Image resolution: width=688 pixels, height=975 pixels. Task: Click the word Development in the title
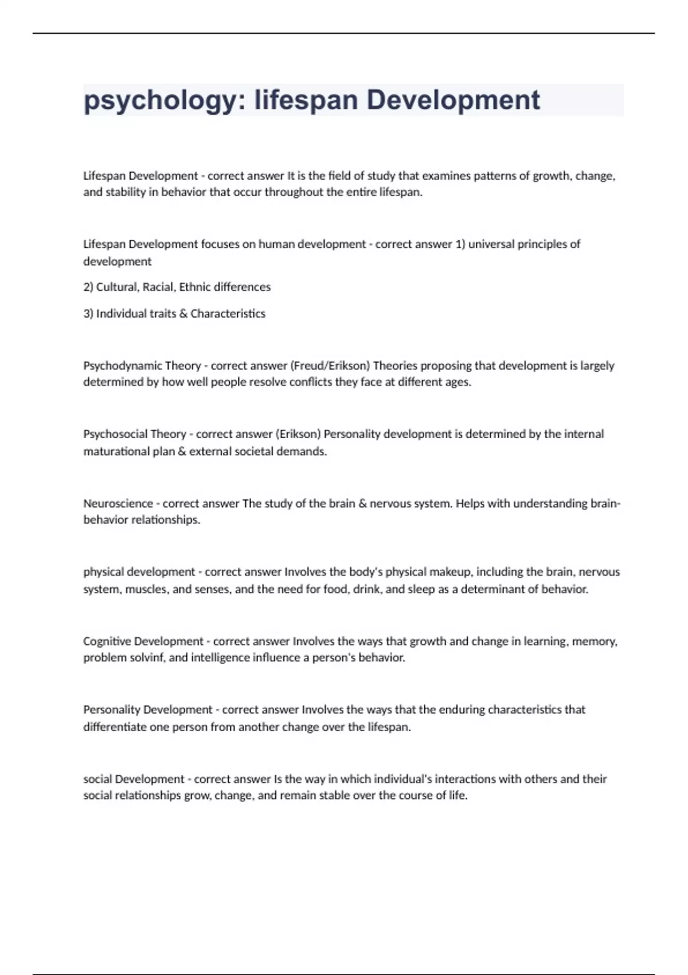coord(453,100)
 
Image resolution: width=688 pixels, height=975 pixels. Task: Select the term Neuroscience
coord(118,504)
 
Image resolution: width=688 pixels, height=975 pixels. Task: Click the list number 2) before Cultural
coord(88,287)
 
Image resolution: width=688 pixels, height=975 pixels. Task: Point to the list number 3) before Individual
coord(88,314)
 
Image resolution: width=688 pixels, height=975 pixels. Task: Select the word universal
coord(491,244)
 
